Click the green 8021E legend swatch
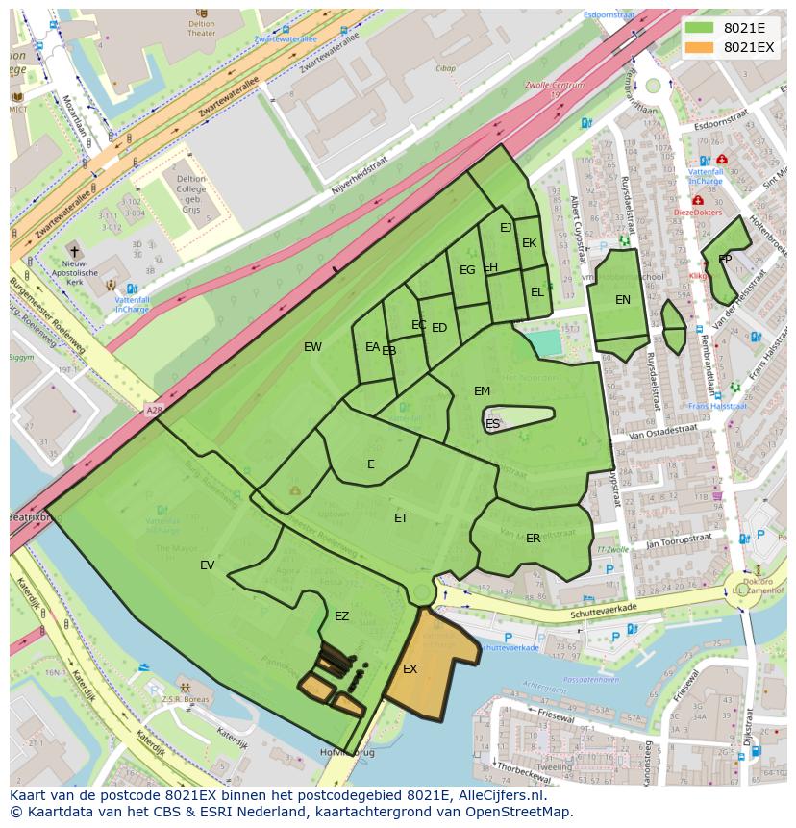click(699, 27)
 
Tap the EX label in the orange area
click(410, 669)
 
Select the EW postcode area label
click(312, 347)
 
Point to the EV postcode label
click(208, 565)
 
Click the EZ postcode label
click(341, 616)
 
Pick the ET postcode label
click(401, 518)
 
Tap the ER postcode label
click(533, 539)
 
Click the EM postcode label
click(482, 391)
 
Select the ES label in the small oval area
click(492, 424)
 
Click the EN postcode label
click(623, 300)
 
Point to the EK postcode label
click(529, 243)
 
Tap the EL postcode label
click(536, 292)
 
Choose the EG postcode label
click(467, 270)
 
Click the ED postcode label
click(439, 328)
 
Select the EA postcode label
click(372, 347)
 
